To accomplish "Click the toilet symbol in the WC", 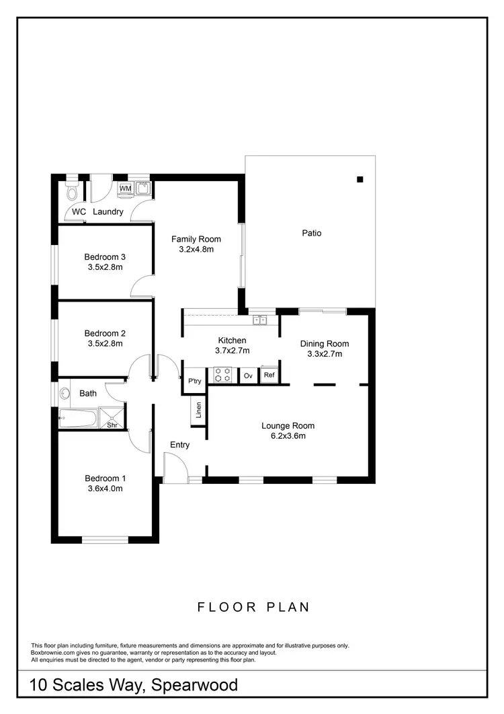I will tap(73, 193).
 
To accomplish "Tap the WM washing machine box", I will tap(126, 188).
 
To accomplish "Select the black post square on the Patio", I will tap(360, 179).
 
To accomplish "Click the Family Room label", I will tap(196, 239).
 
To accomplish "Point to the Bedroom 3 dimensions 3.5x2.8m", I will tap(105, 266).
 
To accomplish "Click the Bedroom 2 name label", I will tap(105, 333).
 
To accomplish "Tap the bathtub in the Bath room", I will tap(78, 419).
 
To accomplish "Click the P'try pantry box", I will tap(195, 382).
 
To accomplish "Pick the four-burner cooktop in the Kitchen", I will tap(223, 375).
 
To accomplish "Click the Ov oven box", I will tap(248, 376).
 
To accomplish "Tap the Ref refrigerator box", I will tap(269, 375).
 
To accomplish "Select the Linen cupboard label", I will tap(198, 410).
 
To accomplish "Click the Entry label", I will tap(179, 445).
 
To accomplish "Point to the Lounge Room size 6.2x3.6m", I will tap(288, 435).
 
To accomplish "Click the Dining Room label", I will tap(324, 344).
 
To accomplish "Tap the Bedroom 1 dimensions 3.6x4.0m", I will tap(105, 489).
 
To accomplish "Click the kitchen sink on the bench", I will tap(260, 320).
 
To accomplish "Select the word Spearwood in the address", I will tap(195, 686).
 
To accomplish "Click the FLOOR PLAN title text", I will tap(253, 607).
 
